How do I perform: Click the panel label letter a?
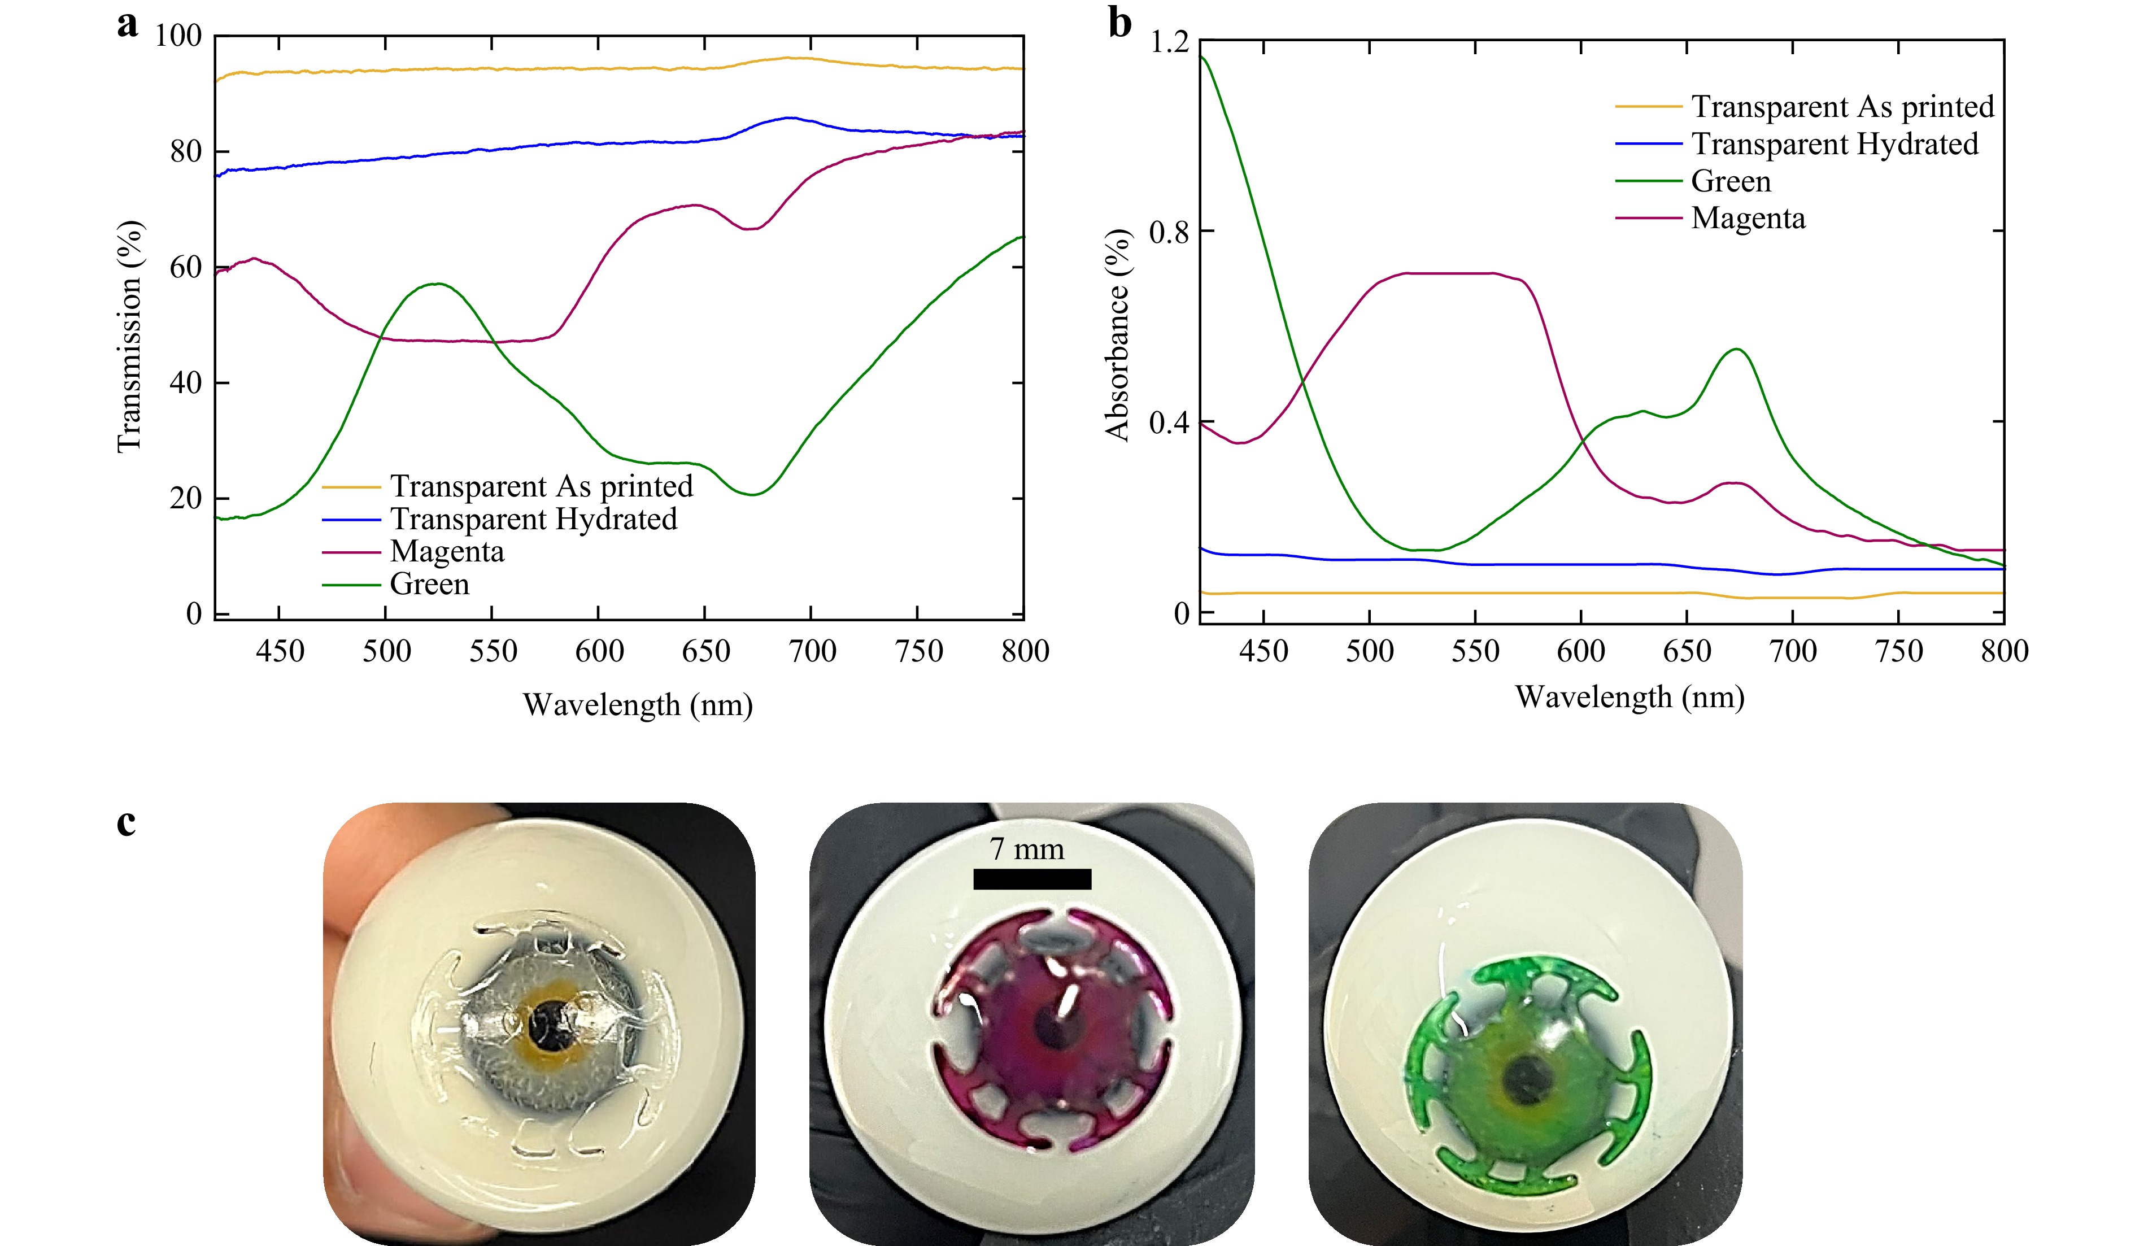click(x=127, y=25)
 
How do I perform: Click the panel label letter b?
click(x=1120, y=24)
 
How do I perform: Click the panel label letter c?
click(x=127, y=822)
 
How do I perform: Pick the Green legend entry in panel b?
click(x=1730, y=181)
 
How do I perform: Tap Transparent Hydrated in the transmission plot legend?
click(x=533, y=519)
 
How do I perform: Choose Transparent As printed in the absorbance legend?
click(x=1842, y=107)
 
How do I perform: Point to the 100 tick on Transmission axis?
click(x=178, y=36)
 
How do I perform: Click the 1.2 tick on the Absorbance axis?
click(x=1169, y=41)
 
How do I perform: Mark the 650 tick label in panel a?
click(x=706, y=651)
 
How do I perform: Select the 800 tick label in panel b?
click(x=2005, y=651)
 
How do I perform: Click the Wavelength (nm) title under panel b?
click(x=1629, y=697)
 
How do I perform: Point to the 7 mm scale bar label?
click(x=1027, y=849)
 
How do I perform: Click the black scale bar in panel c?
click(x=1032, y=879)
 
